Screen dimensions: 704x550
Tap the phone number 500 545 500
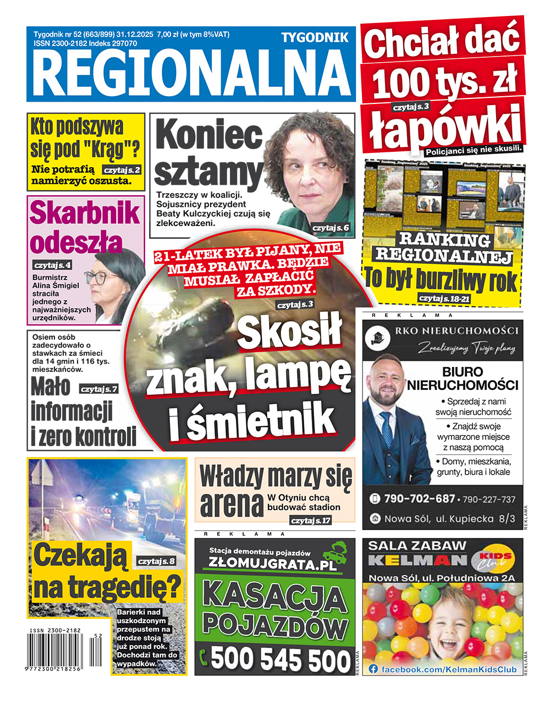tap(280, 658)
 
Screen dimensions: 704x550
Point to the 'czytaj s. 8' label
tap(157, 561)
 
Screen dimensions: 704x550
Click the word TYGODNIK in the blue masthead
tap(315, 37)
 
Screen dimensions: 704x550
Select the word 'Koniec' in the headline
tap(209, 136)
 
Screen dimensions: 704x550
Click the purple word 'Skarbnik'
tap(85, 213)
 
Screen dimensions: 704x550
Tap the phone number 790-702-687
tap(419, 499)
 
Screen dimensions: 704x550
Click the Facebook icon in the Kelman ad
tap(373, 669)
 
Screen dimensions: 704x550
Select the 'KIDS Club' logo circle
tap(493, 560)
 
